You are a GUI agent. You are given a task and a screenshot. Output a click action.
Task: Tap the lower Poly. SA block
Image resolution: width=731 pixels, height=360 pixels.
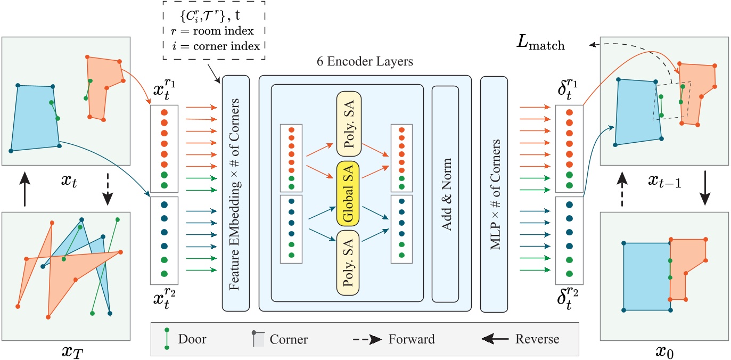pos(348,263)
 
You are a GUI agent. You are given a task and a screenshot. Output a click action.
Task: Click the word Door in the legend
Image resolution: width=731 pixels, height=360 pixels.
pos(192,339)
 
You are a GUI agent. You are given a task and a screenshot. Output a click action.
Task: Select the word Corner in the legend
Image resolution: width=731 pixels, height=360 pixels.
pos(289,339)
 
